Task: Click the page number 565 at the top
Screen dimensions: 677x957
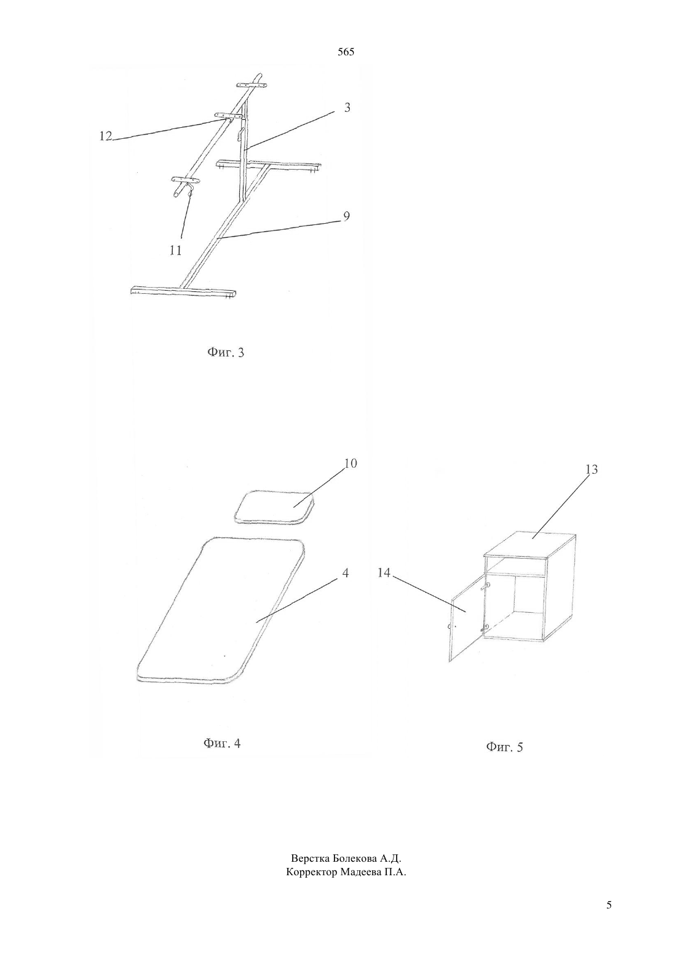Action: pyautogui.click(x=346, y=52)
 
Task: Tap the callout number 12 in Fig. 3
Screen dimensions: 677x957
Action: pyautogui.click(x=106, y=136)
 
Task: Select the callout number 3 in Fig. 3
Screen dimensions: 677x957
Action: pyautogui.click(x=347, y=107)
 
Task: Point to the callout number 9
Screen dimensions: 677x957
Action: pyautogui.click(x=346, y=216)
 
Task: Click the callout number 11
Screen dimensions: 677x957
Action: pyautogui.click(x=176, y=250)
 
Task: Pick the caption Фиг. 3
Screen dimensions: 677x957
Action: pyautogui.click(x=226, y=352)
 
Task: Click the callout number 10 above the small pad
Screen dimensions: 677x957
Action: pyautogui.click(x=350, y=463)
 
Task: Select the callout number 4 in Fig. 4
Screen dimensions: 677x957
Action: pyautogui.click(x=346, y=572)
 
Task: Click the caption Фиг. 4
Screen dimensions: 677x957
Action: pyautogui.click(x=222, y=743)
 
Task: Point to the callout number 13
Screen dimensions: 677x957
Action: pyautogui.click(x=591, y=470)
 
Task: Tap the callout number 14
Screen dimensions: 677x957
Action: pyautogui.click(x=384, y=572)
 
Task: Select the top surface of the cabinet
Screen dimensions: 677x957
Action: pyautogui.click(x=529, y=545)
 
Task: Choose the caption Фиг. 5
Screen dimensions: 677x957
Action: pyautogui.click(x=504, y=747)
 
